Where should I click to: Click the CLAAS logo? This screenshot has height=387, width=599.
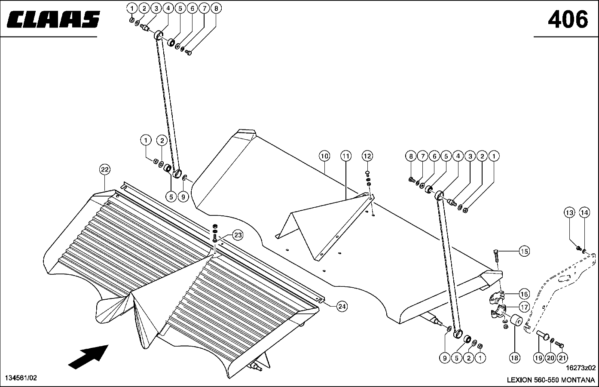pyautogui.click(x=53, y=19)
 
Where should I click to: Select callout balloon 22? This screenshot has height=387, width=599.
pyautogui.click(x=104, y=169)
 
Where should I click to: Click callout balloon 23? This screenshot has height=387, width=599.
pyautogui.click(x=238, y=235)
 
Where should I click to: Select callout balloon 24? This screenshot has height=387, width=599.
pyautogui.click(x=342, y=306)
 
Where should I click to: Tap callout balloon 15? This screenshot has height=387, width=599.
pyautogui.click(x=524, y=251)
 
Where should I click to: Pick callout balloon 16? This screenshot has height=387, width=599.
pyautogui.click(x=524, y=294)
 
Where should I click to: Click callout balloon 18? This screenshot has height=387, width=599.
pyautogui.click(x=514, y=357)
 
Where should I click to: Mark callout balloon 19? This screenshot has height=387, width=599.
pyautogui.click(x=539, y=357)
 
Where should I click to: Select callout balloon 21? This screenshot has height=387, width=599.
pyautogui.click(x=562, y=357)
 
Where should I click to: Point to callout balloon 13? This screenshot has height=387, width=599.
pyautogui.click(x=569, y=212)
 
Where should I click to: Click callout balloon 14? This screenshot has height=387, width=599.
pyautogui.click(x=584, y=212)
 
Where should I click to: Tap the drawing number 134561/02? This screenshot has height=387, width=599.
pyautogui.click(x=21, y=378)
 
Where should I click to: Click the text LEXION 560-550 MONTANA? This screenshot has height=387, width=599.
pyautogui.click(x=550, y=380)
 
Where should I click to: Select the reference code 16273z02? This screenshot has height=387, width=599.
pyautogui.click(x=581, y=368)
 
